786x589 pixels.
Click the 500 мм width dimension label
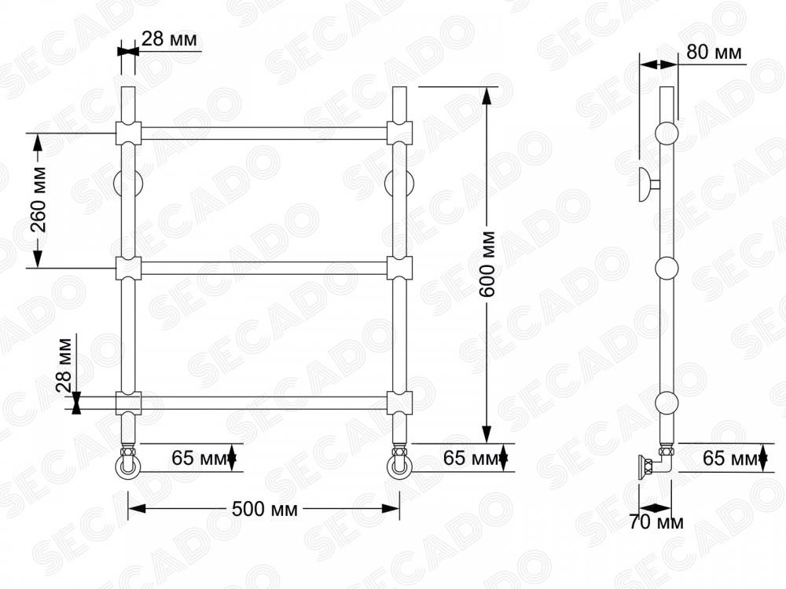(x=264, y=509)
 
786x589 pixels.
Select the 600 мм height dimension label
(x=487, y=264)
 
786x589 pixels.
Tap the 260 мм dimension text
(x=38, y=199)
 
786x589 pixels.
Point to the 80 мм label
(x=714, y=52)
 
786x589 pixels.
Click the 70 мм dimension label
(x=656, y=522)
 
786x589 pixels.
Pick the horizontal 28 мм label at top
(x=169, y=38)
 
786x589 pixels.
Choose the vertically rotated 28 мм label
(x=64, y=366)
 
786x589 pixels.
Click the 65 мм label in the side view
(x=730, y=458)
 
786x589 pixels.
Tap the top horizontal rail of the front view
(x=264, y=134)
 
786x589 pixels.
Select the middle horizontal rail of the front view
(x=264, y=268)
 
